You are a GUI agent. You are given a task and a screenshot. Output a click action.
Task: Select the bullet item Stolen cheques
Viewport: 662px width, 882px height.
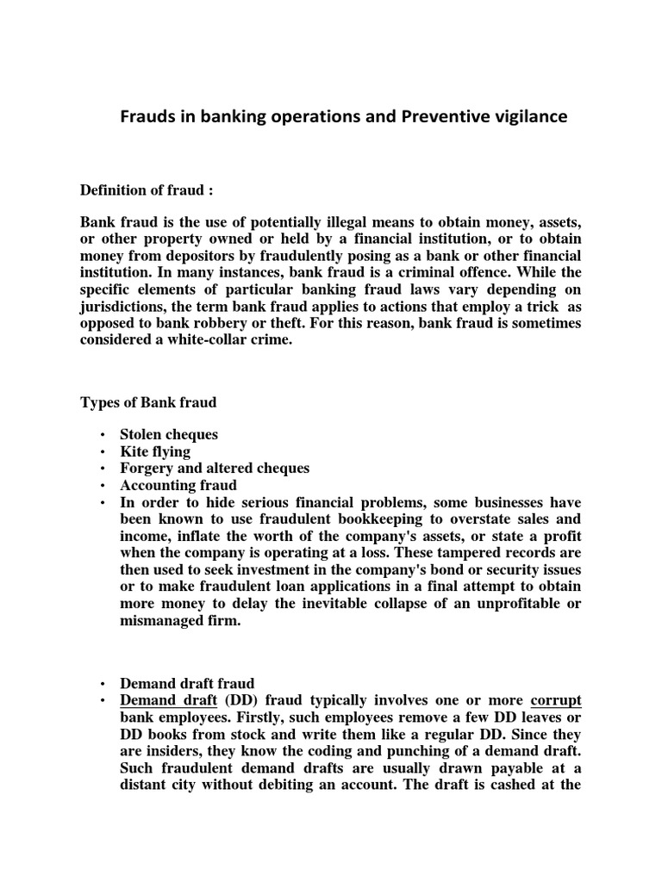click(x=168, y=435)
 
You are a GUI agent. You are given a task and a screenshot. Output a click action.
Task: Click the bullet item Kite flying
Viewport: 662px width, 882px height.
click(x=155, y=451)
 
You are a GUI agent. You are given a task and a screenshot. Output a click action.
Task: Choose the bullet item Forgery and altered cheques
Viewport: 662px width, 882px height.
click(x=214, y=469)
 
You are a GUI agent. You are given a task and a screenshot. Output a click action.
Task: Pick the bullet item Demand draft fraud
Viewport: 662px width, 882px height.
click(x=187, y=684)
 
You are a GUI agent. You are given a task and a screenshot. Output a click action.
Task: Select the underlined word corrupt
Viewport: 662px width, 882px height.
click(x=556, y=701)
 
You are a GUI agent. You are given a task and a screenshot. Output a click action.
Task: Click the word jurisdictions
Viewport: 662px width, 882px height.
click(x=126, y=307)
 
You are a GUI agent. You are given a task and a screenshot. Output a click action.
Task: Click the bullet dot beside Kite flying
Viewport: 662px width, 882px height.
click(x=102, y=452)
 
